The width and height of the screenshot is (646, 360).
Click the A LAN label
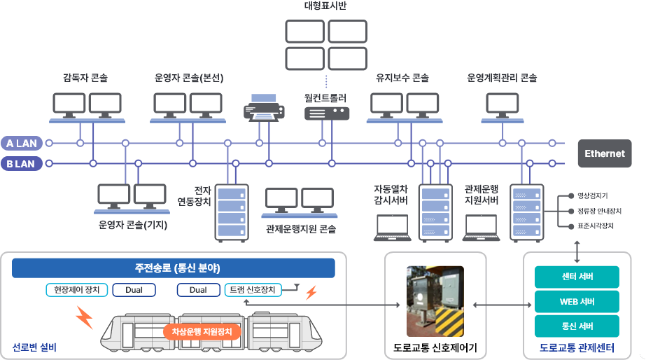(21, 144)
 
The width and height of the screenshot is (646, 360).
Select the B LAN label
(21, 164)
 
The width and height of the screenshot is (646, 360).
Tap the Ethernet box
(605, 153)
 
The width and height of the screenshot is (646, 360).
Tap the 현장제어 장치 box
(73, 290)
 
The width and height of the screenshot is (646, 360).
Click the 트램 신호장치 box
(253, 290)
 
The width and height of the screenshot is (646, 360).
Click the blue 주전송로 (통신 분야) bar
(174, 268)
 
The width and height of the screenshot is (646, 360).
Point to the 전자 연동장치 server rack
(231, 212)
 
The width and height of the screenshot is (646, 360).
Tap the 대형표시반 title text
(325, 6)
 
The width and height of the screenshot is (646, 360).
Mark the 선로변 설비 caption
(34, 347)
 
